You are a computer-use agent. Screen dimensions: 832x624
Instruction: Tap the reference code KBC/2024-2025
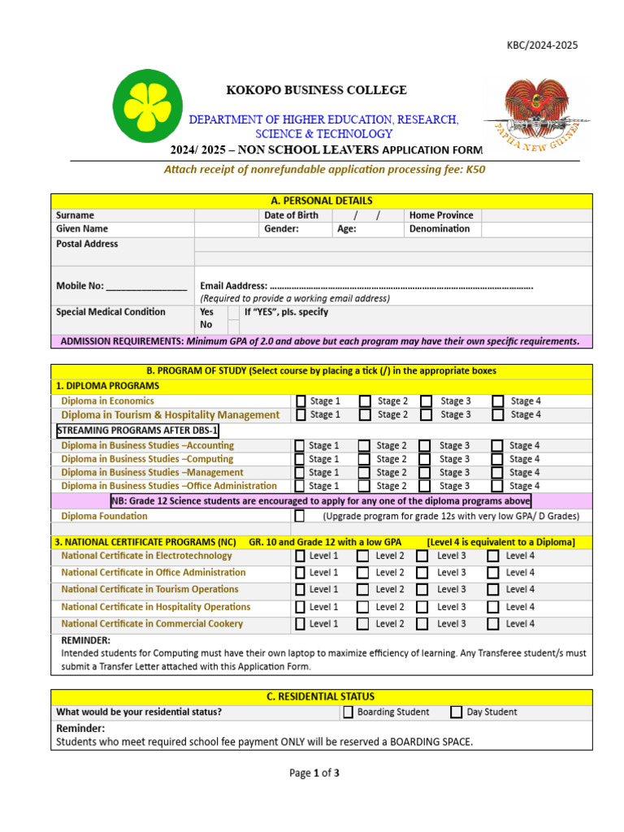click(x=542, y=45)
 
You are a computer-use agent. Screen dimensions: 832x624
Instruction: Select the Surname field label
click(x=75, y=215)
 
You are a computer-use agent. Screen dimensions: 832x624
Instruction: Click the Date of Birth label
click(x=291, y=215)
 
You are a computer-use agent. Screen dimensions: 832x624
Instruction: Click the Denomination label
click(x=440, y=229)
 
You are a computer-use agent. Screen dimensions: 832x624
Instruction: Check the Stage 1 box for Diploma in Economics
click(x=301, y=401)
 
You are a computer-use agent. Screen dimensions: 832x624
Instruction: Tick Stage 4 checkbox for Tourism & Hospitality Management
click(x=497, y=415)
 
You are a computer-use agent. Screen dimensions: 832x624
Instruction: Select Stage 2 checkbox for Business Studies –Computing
click(x=364, y=459)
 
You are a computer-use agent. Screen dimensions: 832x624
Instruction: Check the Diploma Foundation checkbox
click(x=300, y=516)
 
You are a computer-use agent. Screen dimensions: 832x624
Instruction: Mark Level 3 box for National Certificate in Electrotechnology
click(x=422, y=557)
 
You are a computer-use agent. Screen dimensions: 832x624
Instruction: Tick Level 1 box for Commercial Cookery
click(x=300, y=624)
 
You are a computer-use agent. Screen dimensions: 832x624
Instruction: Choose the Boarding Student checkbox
click(x=349, y=713)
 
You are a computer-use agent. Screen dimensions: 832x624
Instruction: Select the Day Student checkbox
click(x=457, y=713)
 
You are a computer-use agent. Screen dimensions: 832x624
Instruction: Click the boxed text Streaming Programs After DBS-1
click(x=138, y=431)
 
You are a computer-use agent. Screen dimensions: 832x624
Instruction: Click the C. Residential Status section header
click(x=321, y=697)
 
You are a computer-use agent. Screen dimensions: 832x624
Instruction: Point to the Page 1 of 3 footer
click(x=314, y=773)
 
